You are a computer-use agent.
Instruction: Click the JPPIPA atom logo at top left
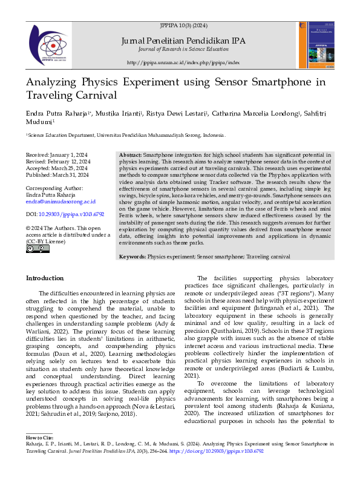click(47, 42)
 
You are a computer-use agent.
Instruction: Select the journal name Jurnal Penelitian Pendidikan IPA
click(183, 41)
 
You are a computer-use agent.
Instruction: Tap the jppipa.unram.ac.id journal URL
click(183, 62)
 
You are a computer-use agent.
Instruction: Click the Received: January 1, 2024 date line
click(57, 156)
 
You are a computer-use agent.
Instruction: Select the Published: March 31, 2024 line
click(57, 174)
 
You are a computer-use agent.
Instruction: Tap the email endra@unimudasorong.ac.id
click(60, 201)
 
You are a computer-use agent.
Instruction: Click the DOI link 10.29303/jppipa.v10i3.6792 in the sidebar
click(70, 214)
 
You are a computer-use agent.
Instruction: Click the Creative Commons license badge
click(33, 248)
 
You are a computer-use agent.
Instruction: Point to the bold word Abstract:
click(131, 156)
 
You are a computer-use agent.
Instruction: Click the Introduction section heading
click(45, 278)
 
